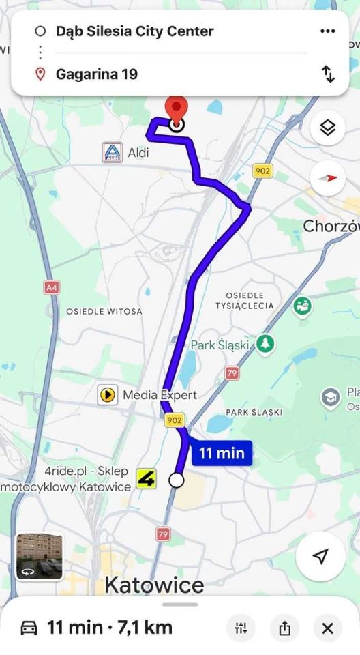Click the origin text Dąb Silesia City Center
point(134,31)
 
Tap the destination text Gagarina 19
point(96,74)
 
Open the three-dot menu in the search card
point(328,31)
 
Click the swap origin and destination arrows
point(328,74)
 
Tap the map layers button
point(328,128)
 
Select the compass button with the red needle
point(328,179)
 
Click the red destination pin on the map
point(177,109)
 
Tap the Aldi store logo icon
point(112,152)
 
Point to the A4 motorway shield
point(52,287)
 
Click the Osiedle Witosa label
point(104,311)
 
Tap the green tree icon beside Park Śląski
point(265,344)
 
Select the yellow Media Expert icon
point(107,394)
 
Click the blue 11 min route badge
point(222,453)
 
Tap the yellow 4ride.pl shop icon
point(146,479)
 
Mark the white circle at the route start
point(177,480)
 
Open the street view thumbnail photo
point(40,556)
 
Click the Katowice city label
point(154,585)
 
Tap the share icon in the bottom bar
point(284,628)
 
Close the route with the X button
point(328,628)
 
